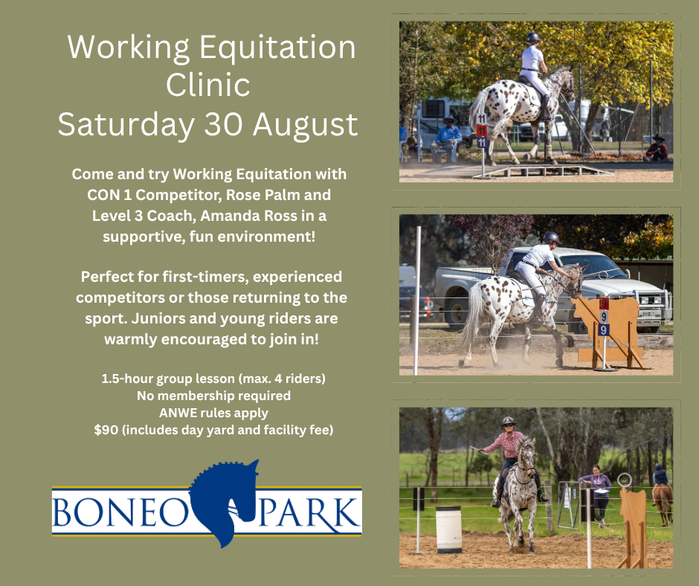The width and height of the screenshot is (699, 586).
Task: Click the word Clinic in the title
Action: click(x=207, y=85)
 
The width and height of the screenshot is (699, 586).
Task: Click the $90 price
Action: click(x=106, y=430)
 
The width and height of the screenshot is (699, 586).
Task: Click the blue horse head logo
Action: click(x=225, y=503)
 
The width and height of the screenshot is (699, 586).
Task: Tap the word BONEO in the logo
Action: click(x=120, y=512)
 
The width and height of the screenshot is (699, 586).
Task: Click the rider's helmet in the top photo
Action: click(x=533, y=37)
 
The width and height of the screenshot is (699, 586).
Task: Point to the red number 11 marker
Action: click(x=481, y=131)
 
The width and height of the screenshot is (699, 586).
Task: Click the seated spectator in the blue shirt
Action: click(x=446, y=139)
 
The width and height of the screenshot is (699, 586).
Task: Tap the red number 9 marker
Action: click(x=604, y=304)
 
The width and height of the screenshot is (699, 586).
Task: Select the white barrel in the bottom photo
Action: click(x=448, y=529)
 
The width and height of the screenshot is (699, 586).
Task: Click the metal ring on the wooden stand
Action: click(x=625, y=480)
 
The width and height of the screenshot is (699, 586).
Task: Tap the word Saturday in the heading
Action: click(x=126, y=125)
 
